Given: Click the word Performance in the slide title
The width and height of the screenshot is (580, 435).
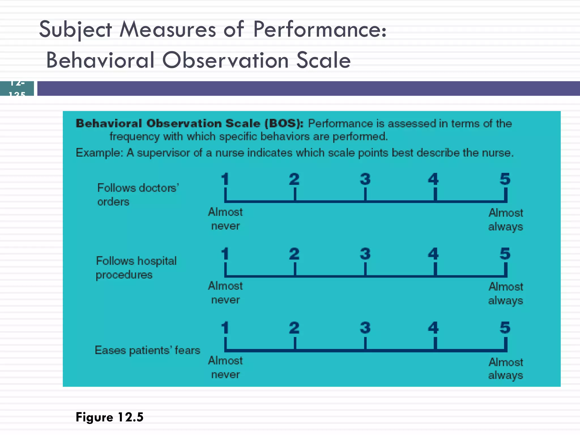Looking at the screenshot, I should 319,30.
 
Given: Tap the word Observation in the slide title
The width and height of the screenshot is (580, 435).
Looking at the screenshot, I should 225,61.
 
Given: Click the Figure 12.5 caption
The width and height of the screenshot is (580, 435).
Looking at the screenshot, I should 110,417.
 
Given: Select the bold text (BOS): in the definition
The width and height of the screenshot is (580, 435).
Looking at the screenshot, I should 284,123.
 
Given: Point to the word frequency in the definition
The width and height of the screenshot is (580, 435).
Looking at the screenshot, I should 135,137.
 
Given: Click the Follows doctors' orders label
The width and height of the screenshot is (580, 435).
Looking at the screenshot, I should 138,195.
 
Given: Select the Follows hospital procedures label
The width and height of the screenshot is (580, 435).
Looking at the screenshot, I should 136,268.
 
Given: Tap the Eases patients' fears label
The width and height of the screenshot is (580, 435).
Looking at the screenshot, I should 147,350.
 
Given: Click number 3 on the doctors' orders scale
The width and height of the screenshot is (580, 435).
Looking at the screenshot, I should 365,179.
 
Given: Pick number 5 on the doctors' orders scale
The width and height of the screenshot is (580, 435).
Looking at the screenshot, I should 505,179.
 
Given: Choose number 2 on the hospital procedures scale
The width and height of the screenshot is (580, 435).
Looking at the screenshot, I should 294,254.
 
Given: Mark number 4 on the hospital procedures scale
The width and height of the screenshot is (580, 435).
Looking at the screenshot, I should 433,254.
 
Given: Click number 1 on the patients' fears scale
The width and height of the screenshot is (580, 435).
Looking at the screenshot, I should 225,328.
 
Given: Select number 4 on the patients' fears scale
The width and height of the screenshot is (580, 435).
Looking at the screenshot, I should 433,328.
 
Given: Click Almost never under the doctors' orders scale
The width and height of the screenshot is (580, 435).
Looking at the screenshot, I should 225,219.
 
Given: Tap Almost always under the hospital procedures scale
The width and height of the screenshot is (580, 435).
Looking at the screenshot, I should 506,293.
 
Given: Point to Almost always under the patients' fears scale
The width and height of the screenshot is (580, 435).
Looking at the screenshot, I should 506,368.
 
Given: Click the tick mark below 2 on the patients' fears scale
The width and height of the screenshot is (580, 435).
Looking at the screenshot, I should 295,344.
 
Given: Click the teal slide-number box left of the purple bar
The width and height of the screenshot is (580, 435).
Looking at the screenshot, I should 17,88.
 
